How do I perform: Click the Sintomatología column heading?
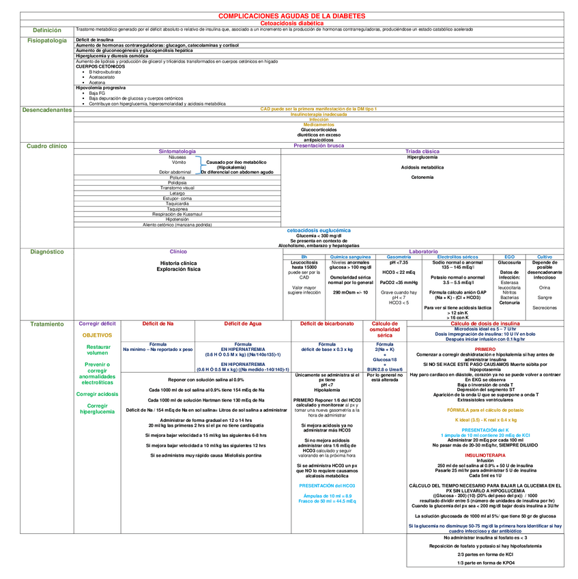(177, 152)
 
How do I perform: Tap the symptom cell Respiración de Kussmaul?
(177, 214)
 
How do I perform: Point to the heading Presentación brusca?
(319, 145)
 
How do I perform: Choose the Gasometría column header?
(399, 257)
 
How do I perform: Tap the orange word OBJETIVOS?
(98, 335)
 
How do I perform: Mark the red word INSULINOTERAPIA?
(485, 454)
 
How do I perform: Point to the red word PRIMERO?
(485, 349)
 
